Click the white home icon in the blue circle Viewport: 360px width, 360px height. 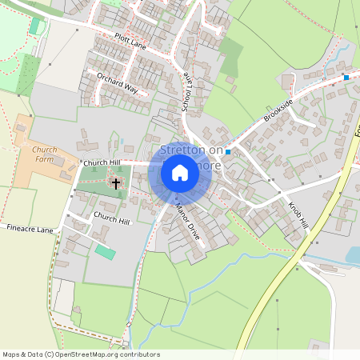180,173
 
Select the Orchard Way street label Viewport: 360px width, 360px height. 118,84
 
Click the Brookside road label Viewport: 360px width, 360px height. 279,111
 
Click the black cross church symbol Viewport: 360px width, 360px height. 116,184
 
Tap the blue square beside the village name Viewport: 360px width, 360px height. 228,152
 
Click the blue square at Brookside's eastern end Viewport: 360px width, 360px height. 346,77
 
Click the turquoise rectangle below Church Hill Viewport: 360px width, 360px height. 105,251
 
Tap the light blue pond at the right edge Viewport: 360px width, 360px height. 352,255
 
